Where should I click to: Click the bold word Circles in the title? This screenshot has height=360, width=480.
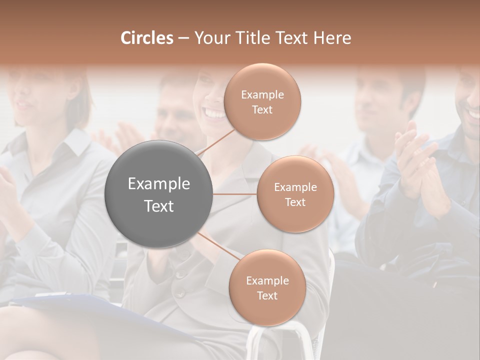146,38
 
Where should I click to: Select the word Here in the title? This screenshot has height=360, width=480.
332,38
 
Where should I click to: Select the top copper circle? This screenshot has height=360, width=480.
262,102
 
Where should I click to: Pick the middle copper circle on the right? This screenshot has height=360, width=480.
295,194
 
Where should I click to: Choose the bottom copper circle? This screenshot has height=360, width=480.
267,288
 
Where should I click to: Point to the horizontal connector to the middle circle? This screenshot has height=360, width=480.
234,194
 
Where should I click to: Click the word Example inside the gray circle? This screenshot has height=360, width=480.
159,184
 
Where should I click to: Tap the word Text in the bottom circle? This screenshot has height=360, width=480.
267,295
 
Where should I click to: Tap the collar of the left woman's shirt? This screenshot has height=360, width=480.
70,145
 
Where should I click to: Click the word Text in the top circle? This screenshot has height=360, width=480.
262,109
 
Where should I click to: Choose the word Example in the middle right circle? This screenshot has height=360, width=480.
295,187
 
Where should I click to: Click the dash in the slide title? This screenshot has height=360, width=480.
183,38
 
